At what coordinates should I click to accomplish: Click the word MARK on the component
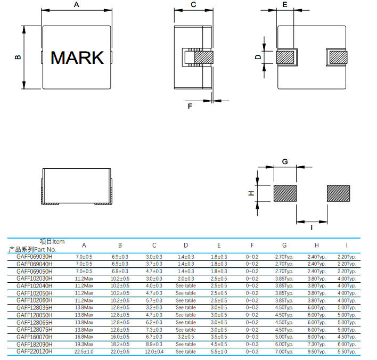[77, 58]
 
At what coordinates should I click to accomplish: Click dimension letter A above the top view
[76, 5]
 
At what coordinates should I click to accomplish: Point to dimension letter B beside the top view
[18, 57]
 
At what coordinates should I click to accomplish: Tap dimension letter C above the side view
[193, 5]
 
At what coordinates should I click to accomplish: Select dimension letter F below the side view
[190, 106]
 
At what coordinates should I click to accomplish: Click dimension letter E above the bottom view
[285, 5]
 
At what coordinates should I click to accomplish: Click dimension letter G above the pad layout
[285, 161]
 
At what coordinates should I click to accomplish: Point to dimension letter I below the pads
[312, 227]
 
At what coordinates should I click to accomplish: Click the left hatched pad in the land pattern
[285, 193]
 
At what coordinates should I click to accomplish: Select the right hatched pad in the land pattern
[338, 193]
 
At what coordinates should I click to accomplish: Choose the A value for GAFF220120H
[84, 351]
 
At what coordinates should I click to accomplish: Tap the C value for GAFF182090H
[154, 345]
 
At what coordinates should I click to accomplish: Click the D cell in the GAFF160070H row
[186, 337]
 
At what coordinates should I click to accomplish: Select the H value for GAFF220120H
[316, 351]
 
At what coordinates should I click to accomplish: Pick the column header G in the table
[284, 245]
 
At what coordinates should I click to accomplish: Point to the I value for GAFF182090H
[347, 345]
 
